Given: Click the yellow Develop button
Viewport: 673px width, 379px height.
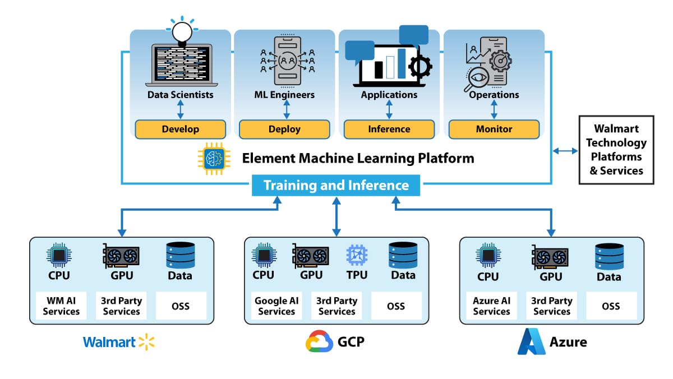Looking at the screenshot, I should coord(180,129).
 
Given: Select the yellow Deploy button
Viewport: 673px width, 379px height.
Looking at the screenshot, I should coord(284,129).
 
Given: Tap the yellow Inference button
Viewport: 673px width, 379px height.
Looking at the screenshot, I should coord(389,129).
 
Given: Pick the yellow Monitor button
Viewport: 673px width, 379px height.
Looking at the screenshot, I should coord(494,129).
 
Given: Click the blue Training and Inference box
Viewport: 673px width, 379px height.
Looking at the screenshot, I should coord(336,185).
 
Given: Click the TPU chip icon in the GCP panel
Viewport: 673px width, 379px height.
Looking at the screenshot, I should coord(357,254).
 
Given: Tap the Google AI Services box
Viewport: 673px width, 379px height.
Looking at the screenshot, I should coord(276,306).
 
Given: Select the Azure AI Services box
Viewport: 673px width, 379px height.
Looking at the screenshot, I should coord(491,306).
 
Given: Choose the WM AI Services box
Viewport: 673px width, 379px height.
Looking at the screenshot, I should coord(61,306).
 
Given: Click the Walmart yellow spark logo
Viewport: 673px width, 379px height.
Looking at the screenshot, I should coord(146,341).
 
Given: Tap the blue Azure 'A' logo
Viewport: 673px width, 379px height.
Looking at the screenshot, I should coord(531,341).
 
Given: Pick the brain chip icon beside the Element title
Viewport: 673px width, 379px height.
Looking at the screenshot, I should coord(211,158).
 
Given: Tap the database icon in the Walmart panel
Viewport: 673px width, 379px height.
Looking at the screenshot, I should coord(180,255).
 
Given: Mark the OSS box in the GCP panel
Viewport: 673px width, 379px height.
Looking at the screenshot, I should coord(396,306).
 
